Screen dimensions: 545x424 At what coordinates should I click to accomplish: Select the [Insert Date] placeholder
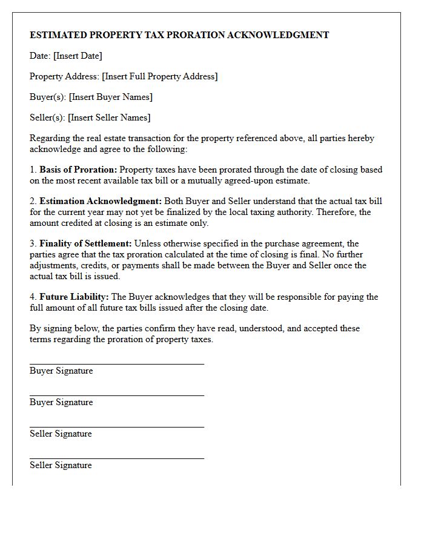[78, 56]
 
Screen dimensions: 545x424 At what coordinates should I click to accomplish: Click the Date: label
[40, 56]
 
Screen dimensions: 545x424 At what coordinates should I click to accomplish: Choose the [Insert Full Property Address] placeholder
[159, 76]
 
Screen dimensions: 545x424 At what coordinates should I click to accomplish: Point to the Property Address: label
[64, 76]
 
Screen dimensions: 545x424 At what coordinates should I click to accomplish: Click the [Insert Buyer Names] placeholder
[110, 97]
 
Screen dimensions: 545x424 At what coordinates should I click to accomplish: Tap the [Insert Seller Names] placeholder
[109, 117]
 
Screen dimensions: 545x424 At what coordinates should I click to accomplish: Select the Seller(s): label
[47, 117]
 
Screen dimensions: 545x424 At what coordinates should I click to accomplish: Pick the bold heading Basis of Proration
[78, 170]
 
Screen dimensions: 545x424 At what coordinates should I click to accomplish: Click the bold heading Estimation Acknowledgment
[101, 201]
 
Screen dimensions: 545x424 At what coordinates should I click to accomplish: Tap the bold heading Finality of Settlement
[85, 243]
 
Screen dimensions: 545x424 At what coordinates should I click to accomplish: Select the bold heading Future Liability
[74, 297]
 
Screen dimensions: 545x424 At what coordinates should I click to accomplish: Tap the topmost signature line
[116, 364]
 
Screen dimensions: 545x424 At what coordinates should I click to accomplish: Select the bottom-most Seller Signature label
[61, 465]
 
